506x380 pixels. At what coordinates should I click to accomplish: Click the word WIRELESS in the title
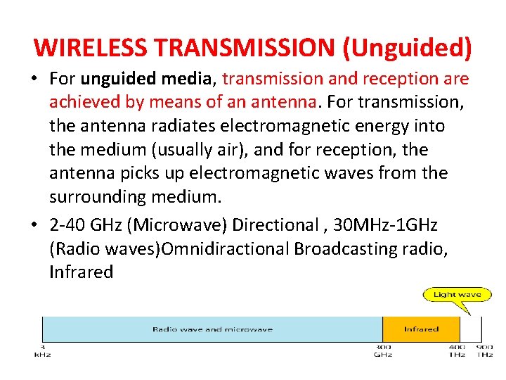click(x=91, y=47)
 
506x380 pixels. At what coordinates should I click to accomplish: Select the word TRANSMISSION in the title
click(x=245, y=47)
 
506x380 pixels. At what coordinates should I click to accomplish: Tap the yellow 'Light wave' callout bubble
click(x=457, y=295)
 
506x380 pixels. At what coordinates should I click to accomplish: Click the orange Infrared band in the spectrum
click(x=421, y=329)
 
